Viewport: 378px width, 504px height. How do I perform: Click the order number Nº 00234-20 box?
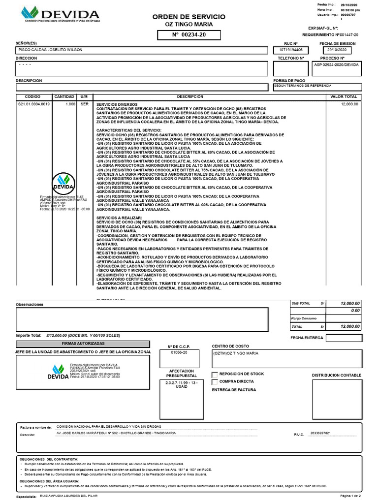(189, 35)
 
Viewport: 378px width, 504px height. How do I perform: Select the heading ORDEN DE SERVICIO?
(189, 17)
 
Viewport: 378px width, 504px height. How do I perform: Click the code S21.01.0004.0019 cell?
(34, 104)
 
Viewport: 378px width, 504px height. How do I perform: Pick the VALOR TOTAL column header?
(344, 97)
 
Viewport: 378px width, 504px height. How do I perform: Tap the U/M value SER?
(84, 104)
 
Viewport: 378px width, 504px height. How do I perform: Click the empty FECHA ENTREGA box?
(344, 338)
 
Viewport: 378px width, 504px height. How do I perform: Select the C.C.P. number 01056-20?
(179, 353)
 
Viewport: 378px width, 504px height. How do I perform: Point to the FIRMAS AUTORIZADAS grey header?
(83, 343)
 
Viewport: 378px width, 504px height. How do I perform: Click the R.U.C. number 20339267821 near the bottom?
(320, 434)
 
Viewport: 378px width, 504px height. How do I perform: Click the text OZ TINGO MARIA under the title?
(189, 25)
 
